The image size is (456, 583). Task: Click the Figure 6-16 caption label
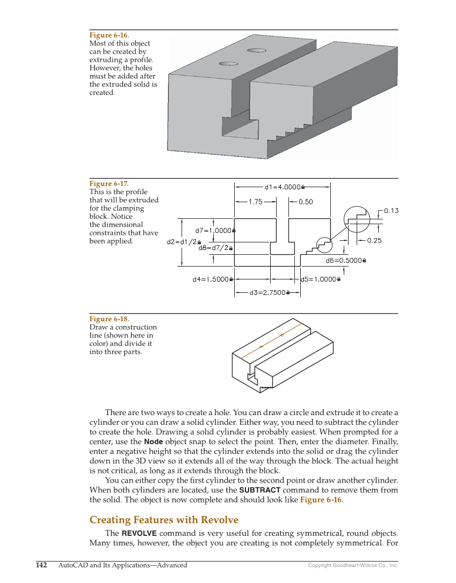point(109,35)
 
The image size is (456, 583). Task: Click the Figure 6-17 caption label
point(109,183)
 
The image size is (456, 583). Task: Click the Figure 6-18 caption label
point(109,319)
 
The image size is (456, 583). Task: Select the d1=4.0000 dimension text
point(283,187)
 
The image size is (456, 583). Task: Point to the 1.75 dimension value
point(255,202)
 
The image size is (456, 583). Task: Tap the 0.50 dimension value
point(306,202)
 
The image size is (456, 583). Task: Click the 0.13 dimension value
point(392,211)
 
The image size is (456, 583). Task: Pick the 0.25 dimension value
point(374,240)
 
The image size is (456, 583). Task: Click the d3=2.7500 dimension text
point(267,293)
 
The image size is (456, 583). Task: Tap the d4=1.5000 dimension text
point(211,279)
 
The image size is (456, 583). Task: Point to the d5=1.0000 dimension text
point(319,279)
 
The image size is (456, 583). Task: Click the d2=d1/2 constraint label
point(182,242)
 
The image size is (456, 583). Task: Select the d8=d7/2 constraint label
point(213,248)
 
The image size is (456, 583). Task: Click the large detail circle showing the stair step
point(357,219)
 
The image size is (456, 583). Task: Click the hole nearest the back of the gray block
point(256,50)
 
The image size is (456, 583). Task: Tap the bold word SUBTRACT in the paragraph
point(259,490)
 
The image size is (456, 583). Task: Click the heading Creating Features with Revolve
point(164,520)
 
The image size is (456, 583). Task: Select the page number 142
point(41,565)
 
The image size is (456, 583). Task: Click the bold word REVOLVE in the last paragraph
point(139,534)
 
